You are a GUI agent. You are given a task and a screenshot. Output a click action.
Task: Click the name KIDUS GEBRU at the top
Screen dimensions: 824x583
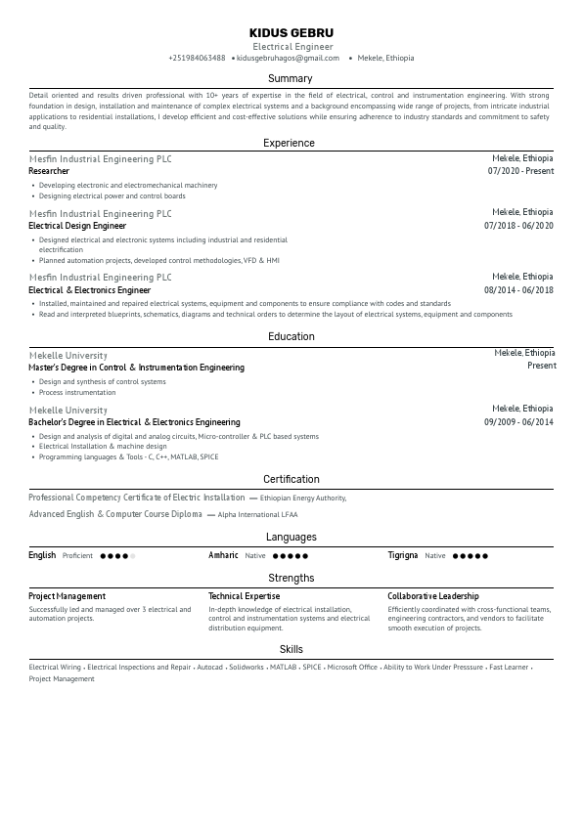[291, 32]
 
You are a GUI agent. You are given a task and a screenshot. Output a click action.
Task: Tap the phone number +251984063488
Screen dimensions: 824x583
[197, 58]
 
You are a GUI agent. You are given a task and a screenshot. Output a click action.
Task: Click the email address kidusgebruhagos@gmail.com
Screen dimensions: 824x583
[288, 58]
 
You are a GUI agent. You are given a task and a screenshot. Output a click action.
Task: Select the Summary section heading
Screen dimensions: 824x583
[291, 78]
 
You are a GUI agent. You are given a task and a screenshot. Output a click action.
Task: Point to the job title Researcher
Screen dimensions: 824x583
[49, 171]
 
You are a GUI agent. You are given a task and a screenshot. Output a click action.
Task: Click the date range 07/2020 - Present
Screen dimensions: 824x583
[520, 171]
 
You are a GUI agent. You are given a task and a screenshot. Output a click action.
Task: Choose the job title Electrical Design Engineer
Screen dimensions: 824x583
[77, 226]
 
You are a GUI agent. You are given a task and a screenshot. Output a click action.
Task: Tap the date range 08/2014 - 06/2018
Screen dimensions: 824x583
[518, 290]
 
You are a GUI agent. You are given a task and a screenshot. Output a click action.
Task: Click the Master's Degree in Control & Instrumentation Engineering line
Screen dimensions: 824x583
[136, 368]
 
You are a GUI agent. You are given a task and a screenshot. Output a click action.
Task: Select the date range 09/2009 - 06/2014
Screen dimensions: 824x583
[518, 422]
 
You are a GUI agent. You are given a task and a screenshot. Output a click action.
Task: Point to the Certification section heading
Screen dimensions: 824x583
[291, 479]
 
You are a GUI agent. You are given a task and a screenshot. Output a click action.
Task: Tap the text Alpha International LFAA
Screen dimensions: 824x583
[257, 514]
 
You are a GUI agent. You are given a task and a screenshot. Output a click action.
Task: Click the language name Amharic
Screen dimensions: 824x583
[223, 555]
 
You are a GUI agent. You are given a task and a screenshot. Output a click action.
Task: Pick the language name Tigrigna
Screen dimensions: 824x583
[402, 555]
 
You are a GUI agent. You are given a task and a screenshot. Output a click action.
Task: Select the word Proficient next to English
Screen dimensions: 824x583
[77, 556]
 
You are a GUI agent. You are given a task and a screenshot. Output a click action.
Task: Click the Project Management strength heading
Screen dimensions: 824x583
[67, 596]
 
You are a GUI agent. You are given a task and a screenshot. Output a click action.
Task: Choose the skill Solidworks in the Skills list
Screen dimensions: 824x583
[246, 667]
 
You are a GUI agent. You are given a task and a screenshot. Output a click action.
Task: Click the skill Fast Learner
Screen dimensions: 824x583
[509, 667]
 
